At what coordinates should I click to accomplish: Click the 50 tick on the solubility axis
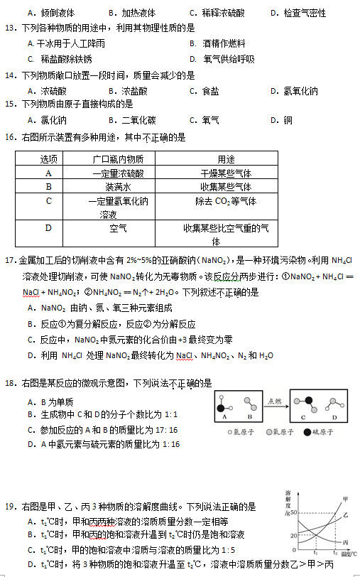click(293, 513)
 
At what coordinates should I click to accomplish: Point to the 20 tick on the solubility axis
click(293, 535)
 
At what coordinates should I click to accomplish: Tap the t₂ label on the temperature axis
click(335, 552)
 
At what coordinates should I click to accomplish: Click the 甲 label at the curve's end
click(346, 498)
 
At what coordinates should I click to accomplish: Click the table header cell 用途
click(226, 159)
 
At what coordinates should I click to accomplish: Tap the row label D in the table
click(48, 228)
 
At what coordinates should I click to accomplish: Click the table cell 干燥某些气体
click(226, 173)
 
